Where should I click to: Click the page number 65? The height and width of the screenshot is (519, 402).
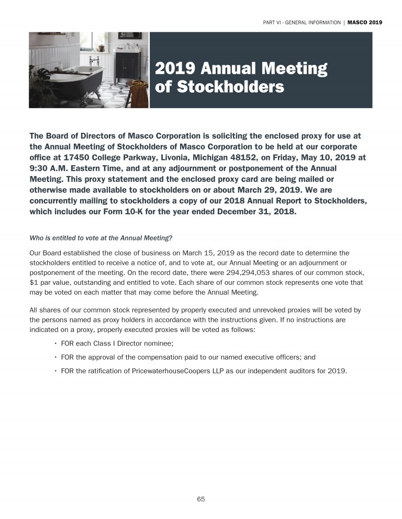click(x=200, y=499)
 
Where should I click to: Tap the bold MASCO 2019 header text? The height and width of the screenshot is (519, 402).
click(x=365, y=22)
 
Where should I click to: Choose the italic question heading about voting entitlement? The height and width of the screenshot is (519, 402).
click(x=101, y=238)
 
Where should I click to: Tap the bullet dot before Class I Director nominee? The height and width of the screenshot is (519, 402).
click(x=55, y=343)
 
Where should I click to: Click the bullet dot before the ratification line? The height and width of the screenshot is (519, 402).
click(x=55, y=372)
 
